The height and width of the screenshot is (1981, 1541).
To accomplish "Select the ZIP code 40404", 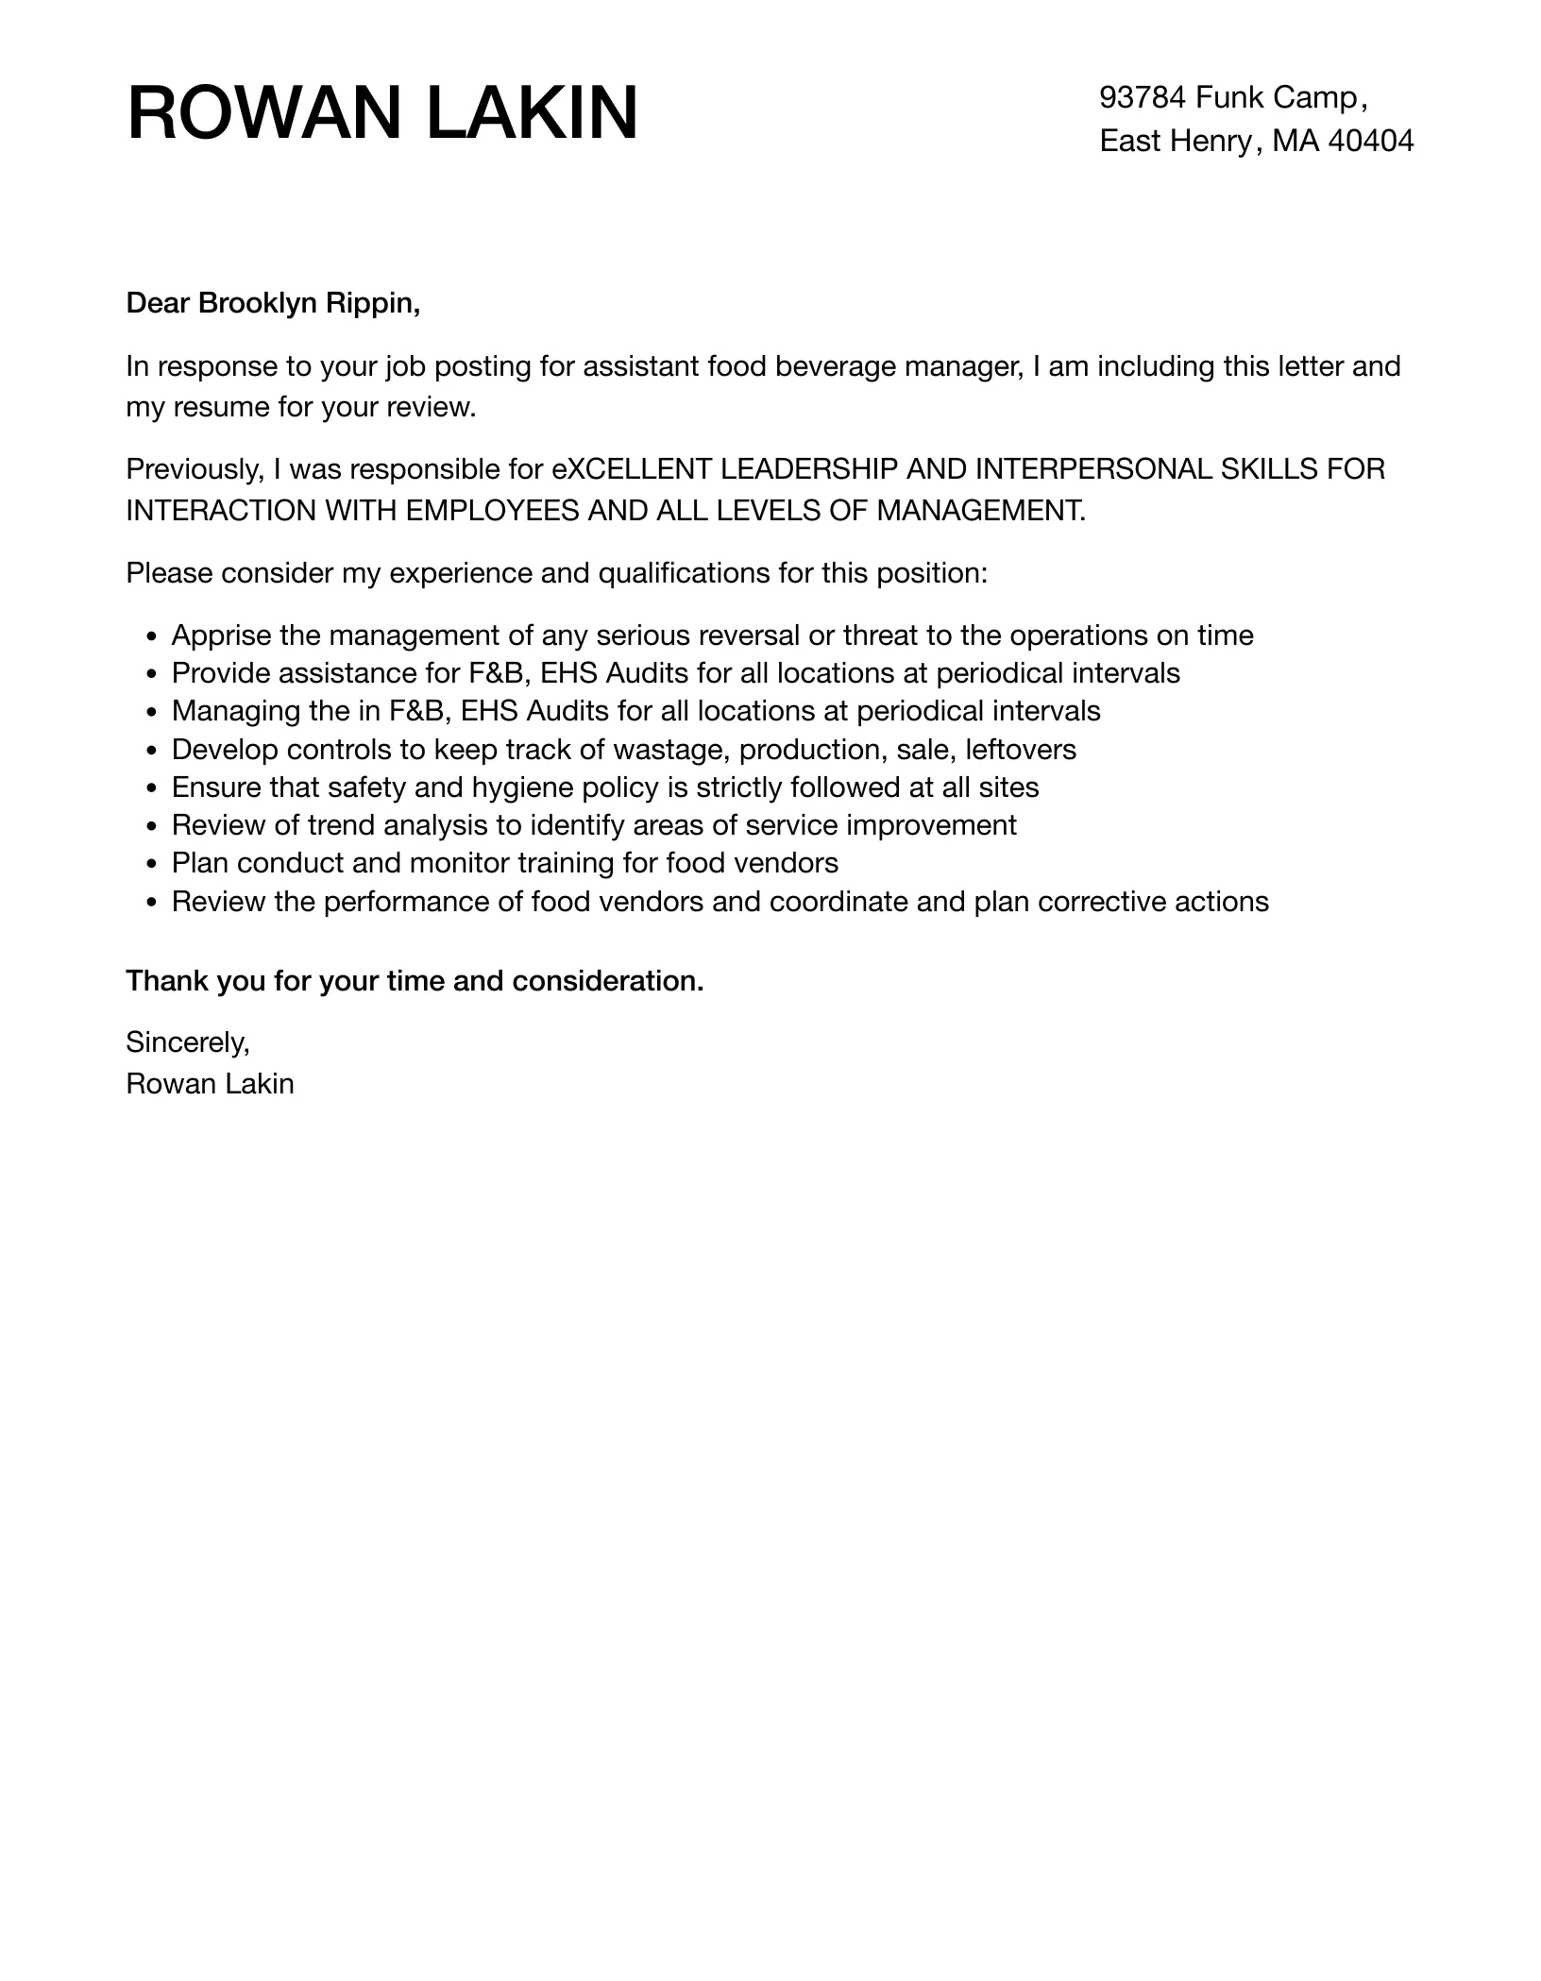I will tap(1371, 141).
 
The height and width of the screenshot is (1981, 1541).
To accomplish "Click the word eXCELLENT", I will tap(632, 469).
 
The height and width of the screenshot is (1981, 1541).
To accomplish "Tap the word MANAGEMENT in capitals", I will tap(981, 511).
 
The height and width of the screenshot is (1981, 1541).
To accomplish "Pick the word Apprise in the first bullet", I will tap(221, 635).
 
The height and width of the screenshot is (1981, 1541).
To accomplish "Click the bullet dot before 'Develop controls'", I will tap(154, 751).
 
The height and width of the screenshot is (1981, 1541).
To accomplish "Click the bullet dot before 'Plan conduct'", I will tap(154, 864).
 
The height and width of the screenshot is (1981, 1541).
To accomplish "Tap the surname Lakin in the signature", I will tap(257, 1084).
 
